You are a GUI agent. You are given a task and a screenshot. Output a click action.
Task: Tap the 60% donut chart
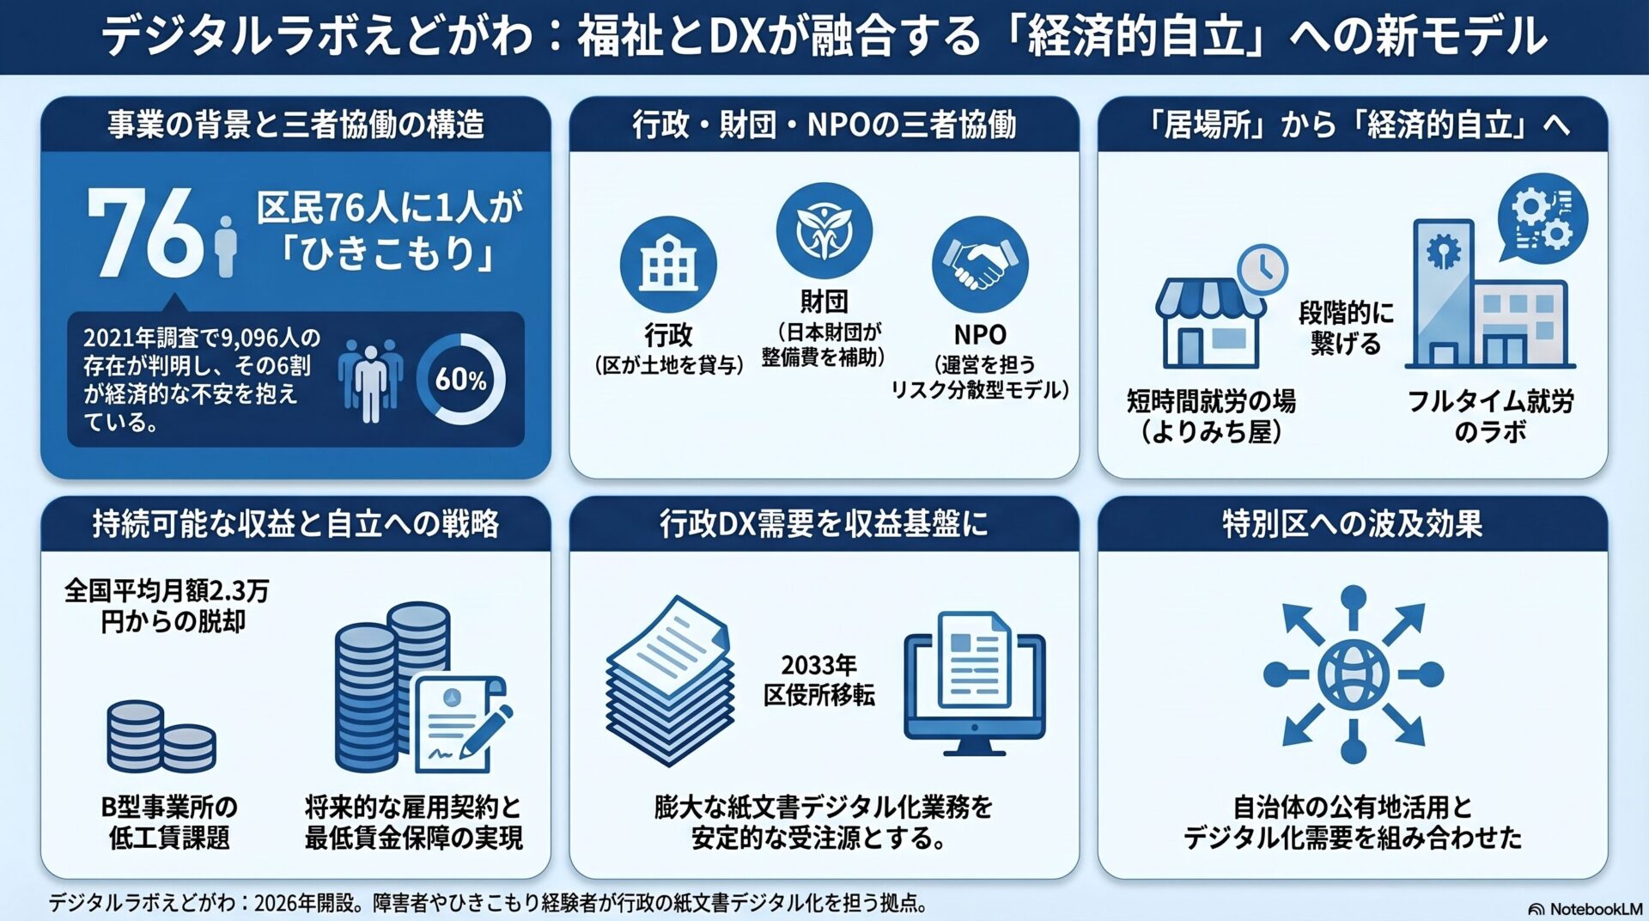coord(461,379)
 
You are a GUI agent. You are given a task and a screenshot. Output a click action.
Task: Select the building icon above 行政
coord(668,264)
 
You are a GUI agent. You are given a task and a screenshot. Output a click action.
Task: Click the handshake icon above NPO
coord(980,264)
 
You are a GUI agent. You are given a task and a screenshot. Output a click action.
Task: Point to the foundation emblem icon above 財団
coord(824,230)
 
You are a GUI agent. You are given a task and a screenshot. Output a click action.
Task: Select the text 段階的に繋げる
coord(1346,327)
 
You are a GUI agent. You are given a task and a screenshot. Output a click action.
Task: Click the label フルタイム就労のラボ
coord(1490,416)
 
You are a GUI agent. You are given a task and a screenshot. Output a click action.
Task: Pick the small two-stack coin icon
coord(161,736)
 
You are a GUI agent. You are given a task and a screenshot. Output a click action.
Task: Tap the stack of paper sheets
coord(669,680)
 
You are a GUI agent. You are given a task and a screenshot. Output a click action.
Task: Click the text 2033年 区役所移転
coord(819,680)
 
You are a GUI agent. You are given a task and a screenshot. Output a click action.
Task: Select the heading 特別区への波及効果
coord(1353,523)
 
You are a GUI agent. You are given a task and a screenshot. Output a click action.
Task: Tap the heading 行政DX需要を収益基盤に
coord(824,523)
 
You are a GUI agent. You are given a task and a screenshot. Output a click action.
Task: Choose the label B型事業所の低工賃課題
coord(169,822)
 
